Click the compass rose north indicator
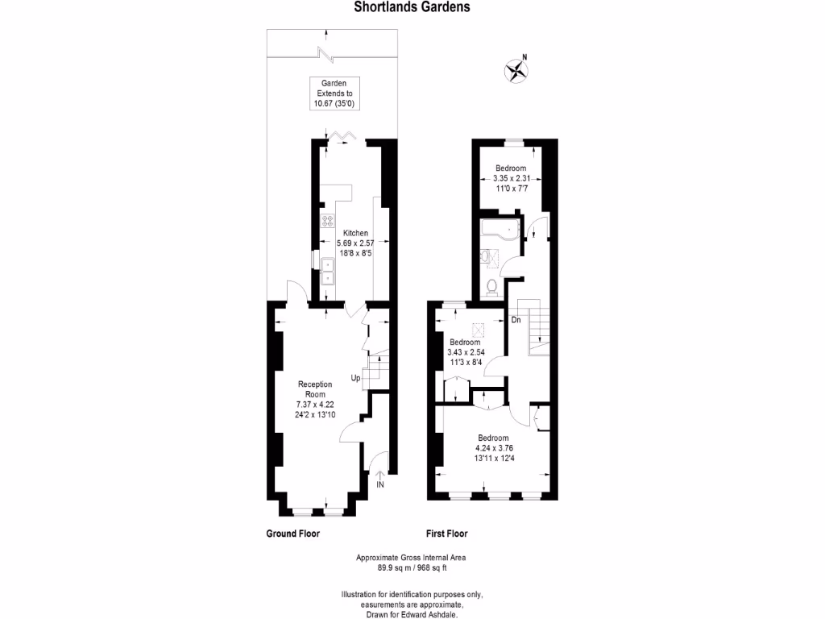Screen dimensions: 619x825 click(516, 70)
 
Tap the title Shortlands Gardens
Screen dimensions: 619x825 click(412, 7)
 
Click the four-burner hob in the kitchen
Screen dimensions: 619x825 click(329, 221)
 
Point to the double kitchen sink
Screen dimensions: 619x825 click(329, 272)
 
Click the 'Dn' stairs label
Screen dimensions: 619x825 click(516, 320)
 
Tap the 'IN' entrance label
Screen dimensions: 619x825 click(380, 485)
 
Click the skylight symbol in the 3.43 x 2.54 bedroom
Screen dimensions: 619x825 click(478, 328)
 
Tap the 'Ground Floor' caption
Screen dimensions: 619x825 click(292, 534)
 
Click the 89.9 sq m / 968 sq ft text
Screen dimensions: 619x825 click(411, 567)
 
